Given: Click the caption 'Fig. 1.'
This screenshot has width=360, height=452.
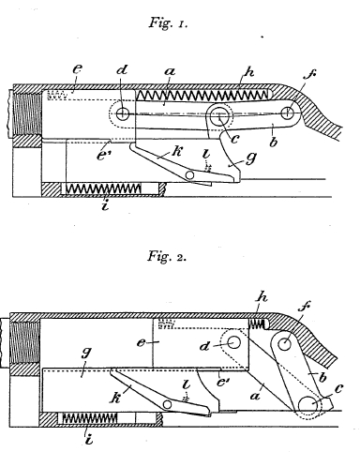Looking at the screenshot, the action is [x=168, y=23].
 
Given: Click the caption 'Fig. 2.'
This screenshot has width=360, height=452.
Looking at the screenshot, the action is [x=167, y=256].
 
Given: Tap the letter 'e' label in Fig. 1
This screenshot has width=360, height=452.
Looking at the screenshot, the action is [x=78, y=68].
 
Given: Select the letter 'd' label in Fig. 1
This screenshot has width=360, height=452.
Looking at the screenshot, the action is [x=122, y=69].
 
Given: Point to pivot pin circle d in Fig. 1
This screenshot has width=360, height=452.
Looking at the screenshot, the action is [x=123, y=113].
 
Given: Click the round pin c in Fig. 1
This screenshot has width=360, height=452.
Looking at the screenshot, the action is [x=219, y=117].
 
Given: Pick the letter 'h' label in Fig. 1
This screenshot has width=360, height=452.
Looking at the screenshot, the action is [x=249, y=72].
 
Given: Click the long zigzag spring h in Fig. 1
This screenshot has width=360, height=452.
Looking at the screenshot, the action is [x=202, y=95].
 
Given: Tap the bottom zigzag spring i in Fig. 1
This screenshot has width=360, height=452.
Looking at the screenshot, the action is [x=103, y=188].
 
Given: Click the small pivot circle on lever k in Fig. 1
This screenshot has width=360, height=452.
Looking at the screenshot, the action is [x=189, y=175].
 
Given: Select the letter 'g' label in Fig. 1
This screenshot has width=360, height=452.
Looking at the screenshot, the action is [x=251, y=158].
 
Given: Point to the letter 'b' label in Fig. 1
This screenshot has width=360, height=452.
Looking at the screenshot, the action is [x=273, y=143].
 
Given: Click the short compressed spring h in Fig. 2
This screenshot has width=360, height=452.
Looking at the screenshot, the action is [x=257, y=324].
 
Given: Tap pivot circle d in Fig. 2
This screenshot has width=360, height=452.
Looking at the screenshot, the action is [x=234, y=342].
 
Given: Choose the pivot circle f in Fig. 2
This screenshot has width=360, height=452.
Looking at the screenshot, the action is [x=284, y=344].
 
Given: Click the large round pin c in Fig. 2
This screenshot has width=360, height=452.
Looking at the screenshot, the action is [x=308, y=405].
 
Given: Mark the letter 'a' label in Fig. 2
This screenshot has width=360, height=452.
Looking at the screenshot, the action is [x=256, y=396].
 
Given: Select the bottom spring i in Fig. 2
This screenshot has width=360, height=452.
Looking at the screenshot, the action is [x=90, y=418].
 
